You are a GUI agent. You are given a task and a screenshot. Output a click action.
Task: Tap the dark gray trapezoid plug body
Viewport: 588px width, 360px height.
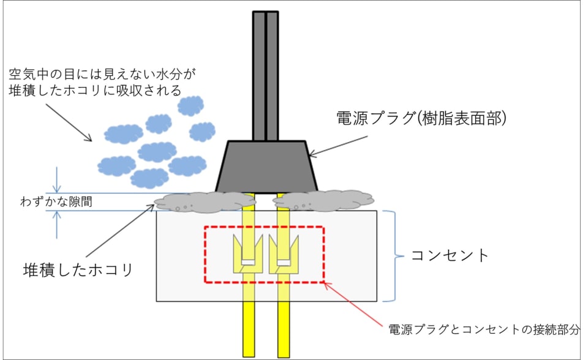point(266,165)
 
